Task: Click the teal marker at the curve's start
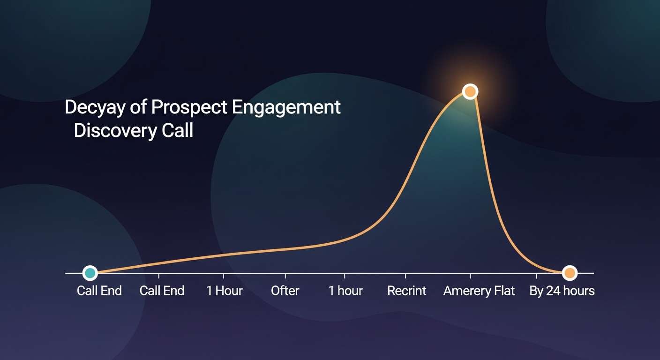[90, 272]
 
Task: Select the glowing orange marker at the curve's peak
[470, 91]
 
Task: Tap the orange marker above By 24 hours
[569, 272]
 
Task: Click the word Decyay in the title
[96, 108]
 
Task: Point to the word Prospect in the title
[189, 108]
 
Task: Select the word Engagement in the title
[286, 108]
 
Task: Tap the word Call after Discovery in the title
[178, 131]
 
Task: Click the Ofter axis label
[285, 291]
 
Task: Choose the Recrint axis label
[406, 291]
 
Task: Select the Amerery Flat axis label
[479, 291]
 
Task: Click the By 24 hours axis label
[562, 291]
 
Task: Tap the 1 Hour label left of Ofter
[224, 291]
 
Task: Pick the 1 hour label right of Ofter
[345, 291]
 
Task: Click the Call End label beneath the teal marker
[99, 291]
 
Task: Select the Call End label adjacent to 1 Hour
[162, 291]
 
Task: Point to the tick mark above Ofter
[285, 275]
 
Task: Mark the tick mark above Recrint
[405, 275]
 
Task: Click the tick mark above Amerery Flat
[470, 275]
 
